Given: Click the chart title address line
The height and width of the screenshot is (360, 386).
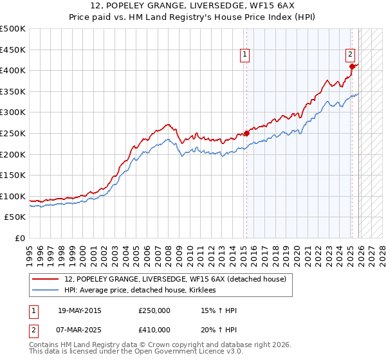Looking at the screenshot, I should (193, 5).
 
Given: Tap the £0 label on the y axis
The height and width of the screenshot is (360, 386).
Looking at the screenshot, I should (21, 239).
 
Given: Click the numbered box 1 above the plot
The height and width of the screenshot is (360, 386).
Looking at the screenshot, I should (245, 56).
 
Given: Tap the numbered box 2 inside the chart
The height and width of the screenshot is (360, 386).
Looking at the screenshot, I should (351, 55).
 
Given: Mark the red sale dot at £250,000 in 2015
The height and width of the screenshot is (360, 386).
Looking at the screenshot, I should (246, 134).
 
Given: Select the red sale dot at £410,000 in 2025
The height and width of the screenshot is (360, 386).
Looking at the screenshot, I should (352, 66).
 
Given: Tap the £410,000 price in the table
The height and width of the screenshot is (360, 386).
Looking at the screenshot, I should (154, 329).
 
